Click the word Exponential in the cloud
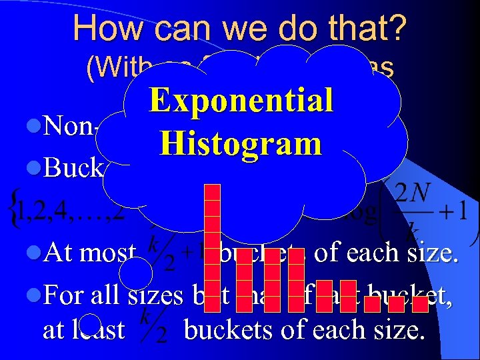[241, 101]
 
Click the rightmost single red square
[420, 304]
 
